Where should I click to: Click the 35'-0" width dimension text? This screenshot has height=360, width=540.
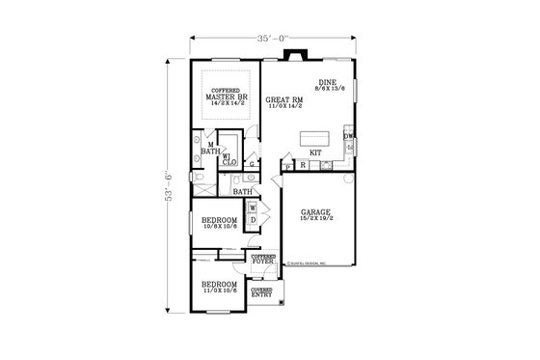click(271, 40)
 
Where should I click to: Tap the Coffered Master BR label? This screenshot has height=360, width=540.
click(228, 97)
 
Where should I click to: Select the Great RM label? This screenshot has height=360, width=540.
click(284, 102)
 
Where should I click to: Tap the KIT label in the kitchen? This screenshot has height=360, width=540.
click(314, 152)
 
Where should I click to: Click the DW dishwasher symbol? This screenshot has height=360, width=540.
click(348, 136)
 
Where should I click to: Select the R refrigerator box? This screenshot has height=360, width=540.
click(303, 166)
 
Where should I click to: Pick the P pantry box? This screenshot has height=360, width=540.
click(288, 167)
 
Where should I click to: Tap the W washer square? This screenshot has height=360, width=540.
click(252, 208)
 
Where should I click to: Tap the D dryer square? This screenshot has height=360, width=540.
click(252, 220)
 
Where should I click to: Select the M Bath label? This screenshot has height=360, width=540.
click(211, 149)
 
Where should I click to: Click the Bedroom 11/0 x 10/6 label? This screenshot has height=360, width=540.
click(219, 288)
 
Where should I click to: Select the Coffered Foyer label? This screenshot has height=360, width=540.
click(263, 260)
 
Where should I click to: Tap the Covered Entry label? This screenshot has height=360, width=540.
click(260, 291)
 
